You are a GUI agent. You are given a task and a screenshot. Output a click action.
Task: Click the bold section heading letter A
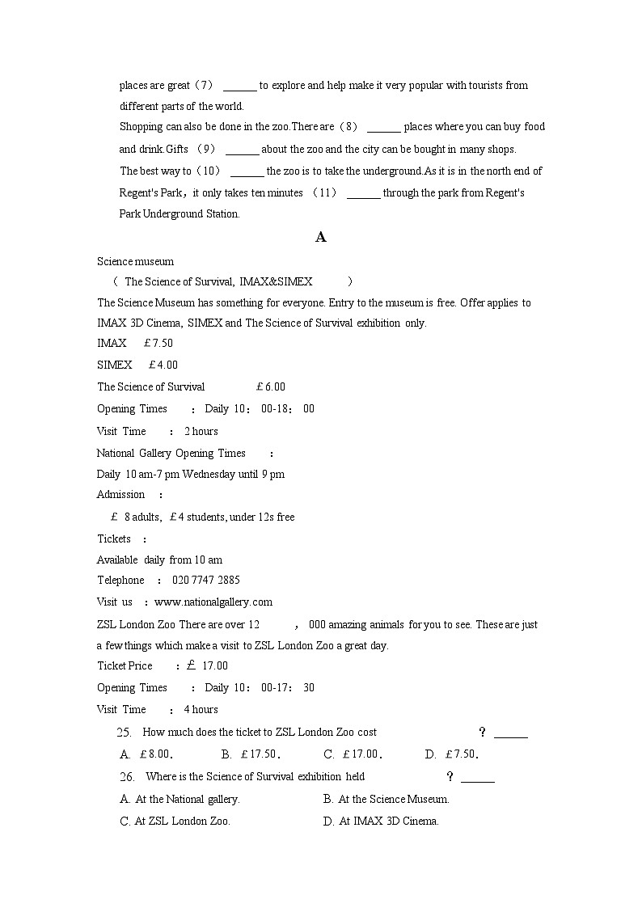click(321, 237)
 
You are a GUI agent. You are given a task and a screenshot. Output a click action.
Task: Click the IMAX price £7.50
click(158, 343)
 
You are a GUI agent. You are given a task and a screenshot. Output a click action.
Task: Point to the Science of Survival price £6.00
click(270, 386)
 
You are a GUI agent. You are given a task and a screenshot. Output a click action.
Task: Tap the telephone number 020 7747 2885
click(205, 580)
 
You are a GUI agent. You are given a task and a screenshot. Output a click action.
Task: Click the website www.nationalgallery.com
click(213, 602)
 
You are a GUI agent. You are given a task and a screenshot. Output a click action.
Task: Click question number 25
click(125, 733)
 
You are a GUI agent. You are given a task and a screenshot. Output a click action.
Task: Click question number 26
click(126, 777)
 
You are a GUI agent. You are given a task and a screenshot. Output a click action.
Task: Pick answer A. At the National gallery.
click(180, 799)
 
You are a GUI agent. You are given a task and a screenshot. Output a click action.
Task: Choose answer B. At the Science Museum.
click(386, 799)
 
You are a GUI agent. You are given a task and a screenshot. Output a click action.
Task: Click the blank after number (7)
click(239, 86)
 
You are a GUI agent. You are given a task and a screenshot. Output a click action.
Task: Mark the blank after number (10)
click(247, 171)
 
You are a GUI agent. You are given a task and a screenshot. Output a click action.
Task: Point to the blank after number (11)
click(363, 193)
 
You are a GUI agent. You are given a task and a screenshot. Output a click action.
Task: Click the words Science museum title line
click(135, 261)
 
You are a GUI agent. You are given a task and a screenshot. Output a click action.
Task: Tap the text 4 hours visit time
click(201, 709)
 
